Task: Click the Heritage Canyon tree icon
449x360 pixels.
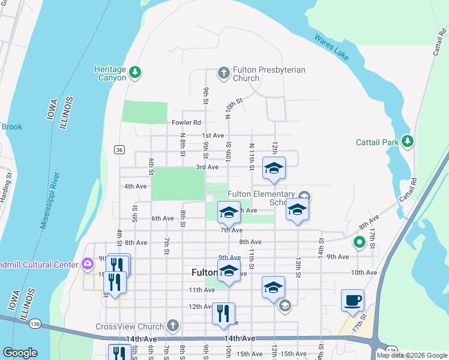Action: [136, 73]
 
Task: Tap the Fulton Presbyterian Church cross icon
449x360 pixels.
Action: [224, 73]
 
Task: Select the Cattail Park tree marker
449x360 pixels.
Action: [408, 141]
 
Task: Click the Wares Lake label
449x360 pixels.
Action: [331, 47]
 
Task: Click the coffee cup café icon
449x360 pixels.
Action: [352, 299]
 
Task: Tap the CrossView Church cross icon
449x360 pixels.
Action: [173, 326]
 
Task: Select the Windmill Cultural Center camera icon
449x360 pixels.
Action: [88, 264]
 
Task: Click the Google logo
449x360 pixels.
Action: [20, 353]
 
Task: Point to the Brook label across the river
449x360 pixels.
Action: [11, 127]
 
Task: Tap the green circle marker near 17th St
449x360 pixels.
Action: [360, 242]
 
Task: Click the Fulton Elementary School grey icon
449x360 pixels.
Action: [304, 196]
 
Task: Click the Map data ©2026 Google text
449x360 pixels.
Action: [412, 355]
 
